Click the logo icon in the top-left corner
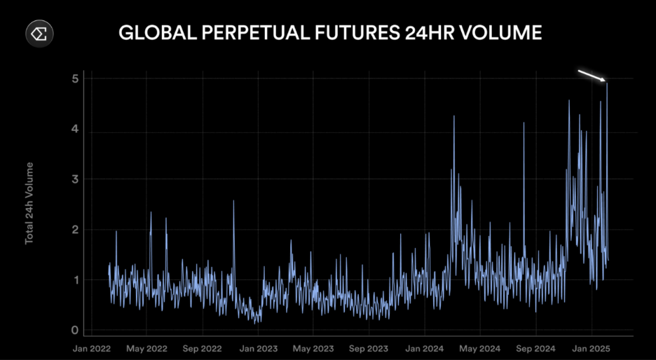point(40,34)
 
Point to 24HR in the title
point(436,33)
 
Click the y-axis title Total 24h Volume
point(29,203)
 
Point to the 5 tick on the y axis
point(74,78)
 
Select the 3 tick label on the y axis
point(74,179)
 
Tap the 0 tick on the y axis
point(74,331)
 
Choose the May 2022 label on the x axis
point(146,348)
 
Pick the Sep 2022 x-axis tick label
point(202,348)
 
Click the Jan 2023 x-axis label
point(258,348)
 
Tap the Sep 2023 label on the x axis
point(369,348)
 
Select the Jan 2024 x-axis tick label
point(424,348)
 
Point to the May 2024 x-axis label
point(479,348)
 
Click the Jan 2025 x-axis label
point(591,348)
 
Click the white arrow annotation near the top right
point(592,76)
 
